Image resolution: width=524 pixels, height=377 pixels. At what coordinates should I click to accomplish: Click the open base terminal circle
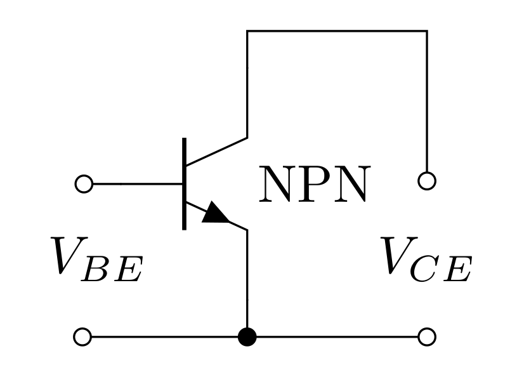(x=84, y=184)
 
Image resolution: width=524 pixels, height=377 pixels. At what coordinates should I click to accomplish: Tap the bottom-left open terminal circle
(x=82, y=336)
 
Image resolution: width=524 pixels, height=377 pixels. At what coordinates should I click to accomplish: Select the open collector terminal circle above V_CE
(x=427, y=181)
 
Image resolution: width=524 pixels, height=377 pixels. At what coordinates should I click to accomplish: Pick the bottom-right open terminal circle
(x=427, y=336)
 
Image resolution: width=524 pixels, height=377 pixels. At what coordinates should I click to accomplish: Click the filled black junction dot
(x=247, y=336)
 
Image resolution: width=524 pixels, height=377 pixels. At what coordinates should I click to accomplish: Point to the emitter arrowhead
(x=216, y=213)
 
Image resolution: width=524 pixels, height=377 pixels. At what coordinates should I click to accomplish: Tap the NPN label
(x=313, y=185)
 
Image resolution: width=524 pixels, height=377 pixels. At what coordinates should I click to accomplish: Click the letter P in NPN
(x=313, y=185)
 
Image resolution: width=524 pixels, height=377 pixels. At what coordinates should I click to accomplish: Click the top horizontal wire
(x=336, y=30)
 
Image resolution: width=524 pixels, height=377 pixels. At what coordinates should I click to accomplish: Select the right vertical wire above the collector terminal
(x=426, y=102)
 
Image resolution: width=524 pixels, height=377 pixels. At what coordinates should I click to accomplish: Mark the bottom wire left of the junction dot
(x=165, y=336)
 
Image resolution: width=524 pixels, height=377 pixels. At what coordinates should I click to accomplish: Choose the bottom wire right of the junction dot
(x=336, y=336)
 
